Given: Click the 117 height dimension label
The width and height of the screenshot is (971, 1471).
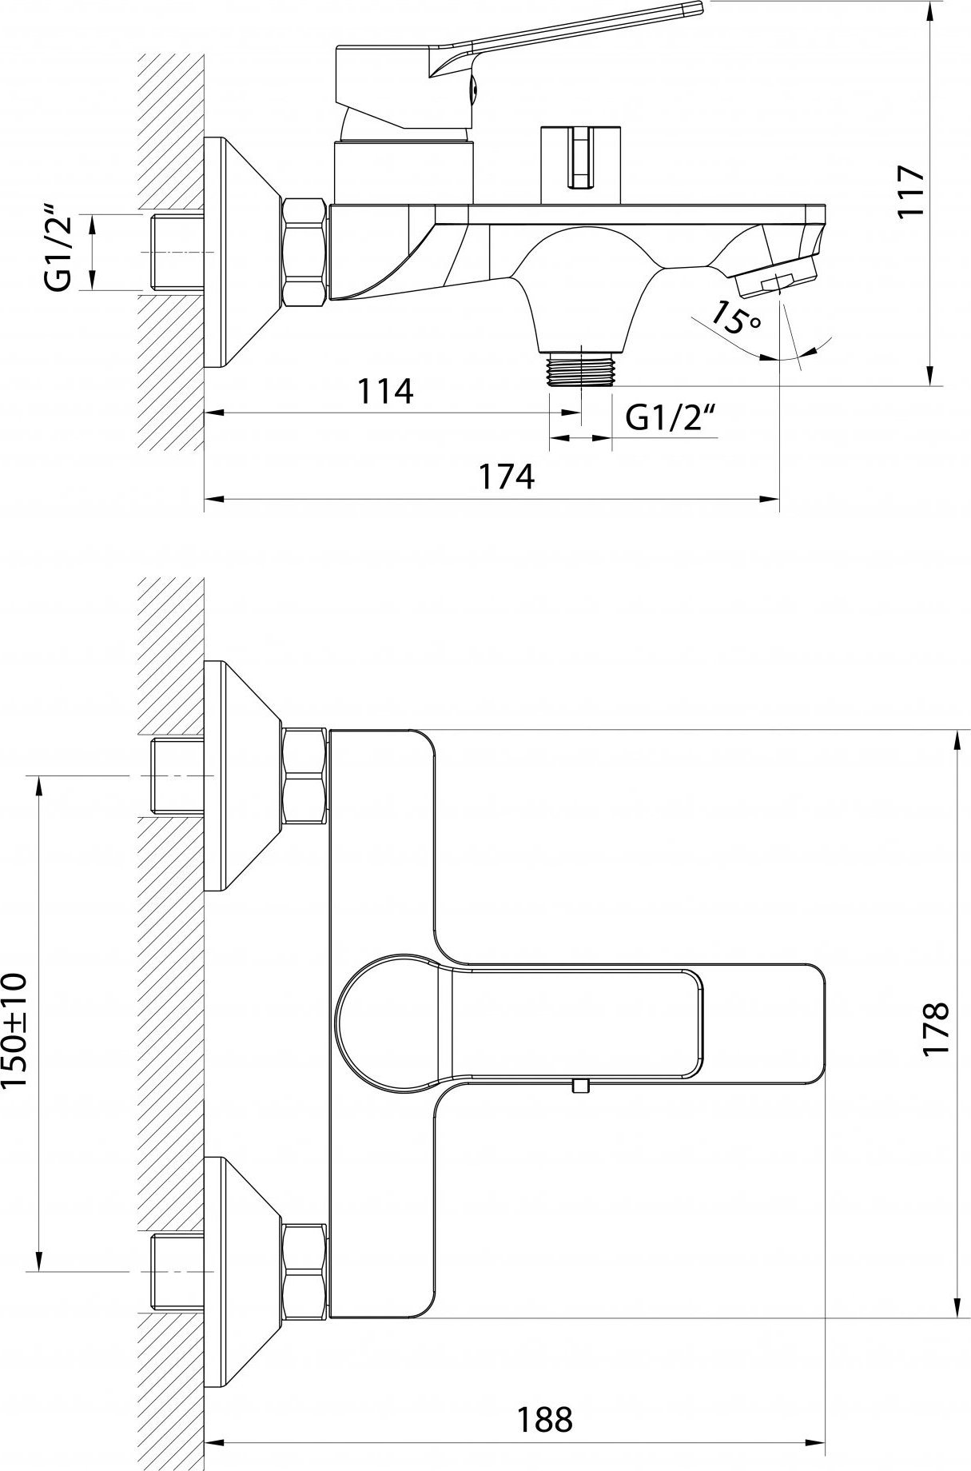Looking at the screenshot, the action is [x=910, y=191].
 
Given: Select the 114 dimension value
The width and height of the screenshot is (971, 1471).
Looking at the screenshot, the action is [x=385, y=391].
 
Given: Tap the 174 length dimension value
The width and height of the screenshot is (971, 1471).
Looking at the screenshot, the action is [x=506, y=476].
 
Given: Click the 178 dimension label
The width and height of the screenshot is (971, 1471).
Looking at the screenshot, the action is [x=935, y=1029].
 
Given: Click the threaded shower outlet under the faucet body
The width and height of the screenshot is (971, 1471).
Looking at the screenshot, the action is [x=581, y=369].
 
